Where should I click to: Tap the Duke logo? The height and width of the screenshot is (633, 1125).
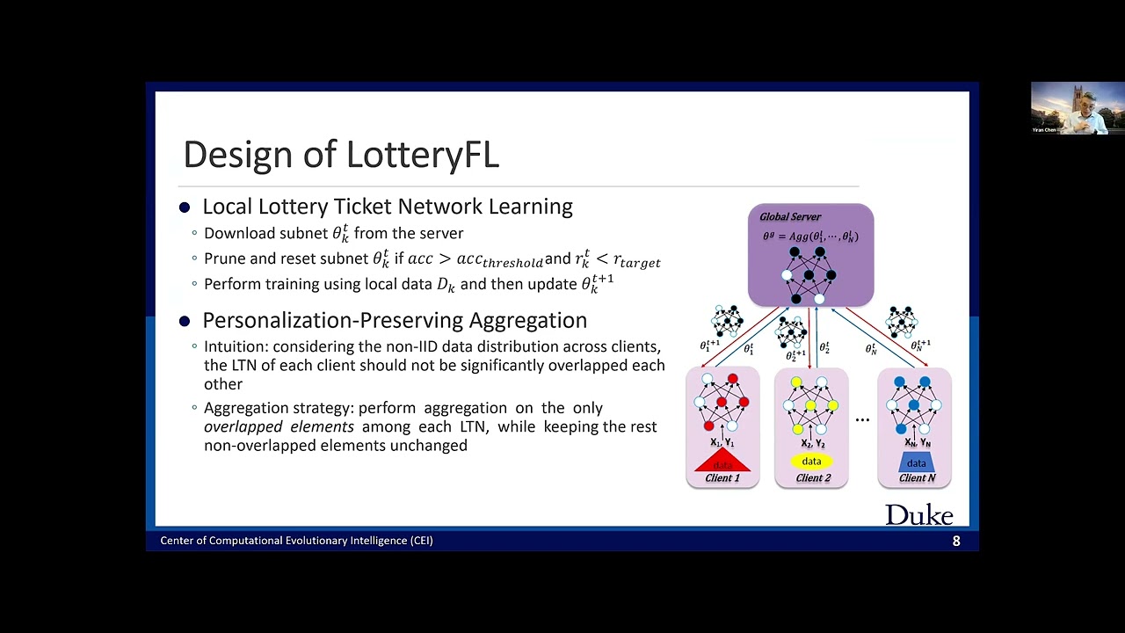pos(918,515)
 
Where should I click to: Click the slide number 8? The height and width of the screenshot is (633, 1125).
pos(956,542)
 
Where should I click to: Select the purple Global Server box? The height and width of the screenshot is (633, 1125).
pos(810,255)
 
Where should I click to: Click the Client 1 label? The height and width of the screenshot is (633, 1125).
pos(722,478)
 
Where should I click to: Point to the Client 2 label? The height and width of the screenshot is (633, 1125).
pos(813,478)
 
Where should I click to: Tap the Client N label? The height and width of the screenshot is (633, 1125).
pos(917,478)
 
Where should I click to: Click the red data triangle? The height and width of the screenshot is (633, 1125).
pos(722,462)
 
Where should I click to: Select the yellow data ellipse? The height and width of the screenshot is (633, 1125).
pos(811,462)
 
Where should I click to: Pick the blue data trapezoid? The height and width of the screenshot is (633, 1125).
pos(916,462)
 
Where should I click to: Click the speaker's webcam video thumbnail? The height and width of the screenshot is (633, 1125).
pos(1078,107)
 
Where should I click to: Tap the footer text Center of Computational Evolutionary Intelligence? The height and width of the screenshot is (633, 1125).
pos(296,541)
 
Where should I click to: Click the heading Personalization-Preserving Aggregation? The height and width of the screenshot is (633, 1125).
pos(395,321)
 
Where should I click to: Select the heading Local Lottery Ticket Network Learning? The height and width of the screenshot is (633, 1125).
pos(387,207)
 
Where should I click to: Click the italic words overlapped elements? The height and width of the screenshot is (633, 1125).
pos(279,427)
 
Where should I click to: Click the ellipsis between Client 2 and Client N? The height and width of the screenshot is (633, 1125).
pos(862,419)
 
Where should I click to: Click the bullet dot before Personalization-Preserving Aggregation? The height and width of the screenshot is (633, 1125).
pos(185,322)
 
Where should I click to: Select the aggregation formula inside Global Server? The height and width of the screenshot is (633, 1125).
pos(810,236)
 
